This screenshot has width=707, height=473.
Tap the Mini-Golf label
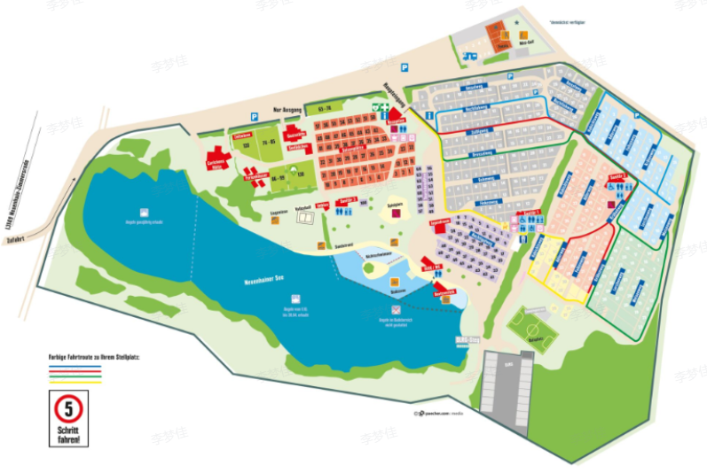coord(527,40)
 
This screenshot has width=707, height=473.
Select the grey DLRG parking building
coord(502,383)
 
